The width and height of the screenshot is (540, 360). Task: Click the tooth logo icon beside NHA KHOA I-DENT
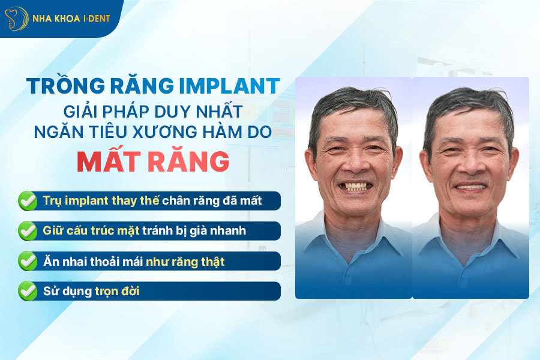[16, 18]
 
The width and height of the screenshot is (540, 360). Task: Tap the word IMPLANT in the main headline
[229, 86]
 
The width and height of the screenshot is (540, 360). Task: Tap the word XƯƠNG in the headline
[180, 133]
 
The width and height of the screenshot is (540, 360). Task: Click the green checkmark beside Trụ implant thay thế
[27, 200]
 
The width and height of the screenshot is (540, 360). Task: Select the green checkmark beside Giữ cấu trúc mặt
[27, 230]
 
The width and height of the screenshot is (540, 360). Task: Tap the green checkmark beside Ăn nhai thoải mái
[27, 261]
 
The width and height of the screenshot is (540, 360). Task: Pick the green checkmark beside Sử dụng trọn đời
[27, 291]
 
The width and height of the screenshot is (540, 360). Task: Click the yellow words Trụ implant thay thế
[101, 200]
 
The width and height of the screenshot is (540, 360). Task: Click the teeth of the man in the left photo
[354, 186]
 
